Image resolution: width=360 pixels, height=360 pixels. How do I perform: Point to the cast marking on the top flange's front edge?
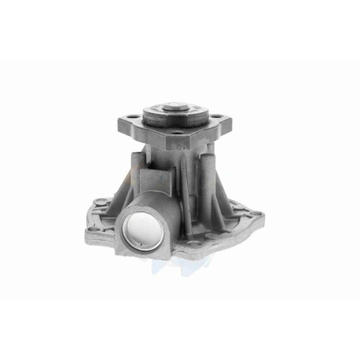(182, 144)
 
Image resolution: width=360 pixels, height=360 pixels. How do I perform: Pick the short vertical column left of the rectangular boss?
(137, 173)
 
